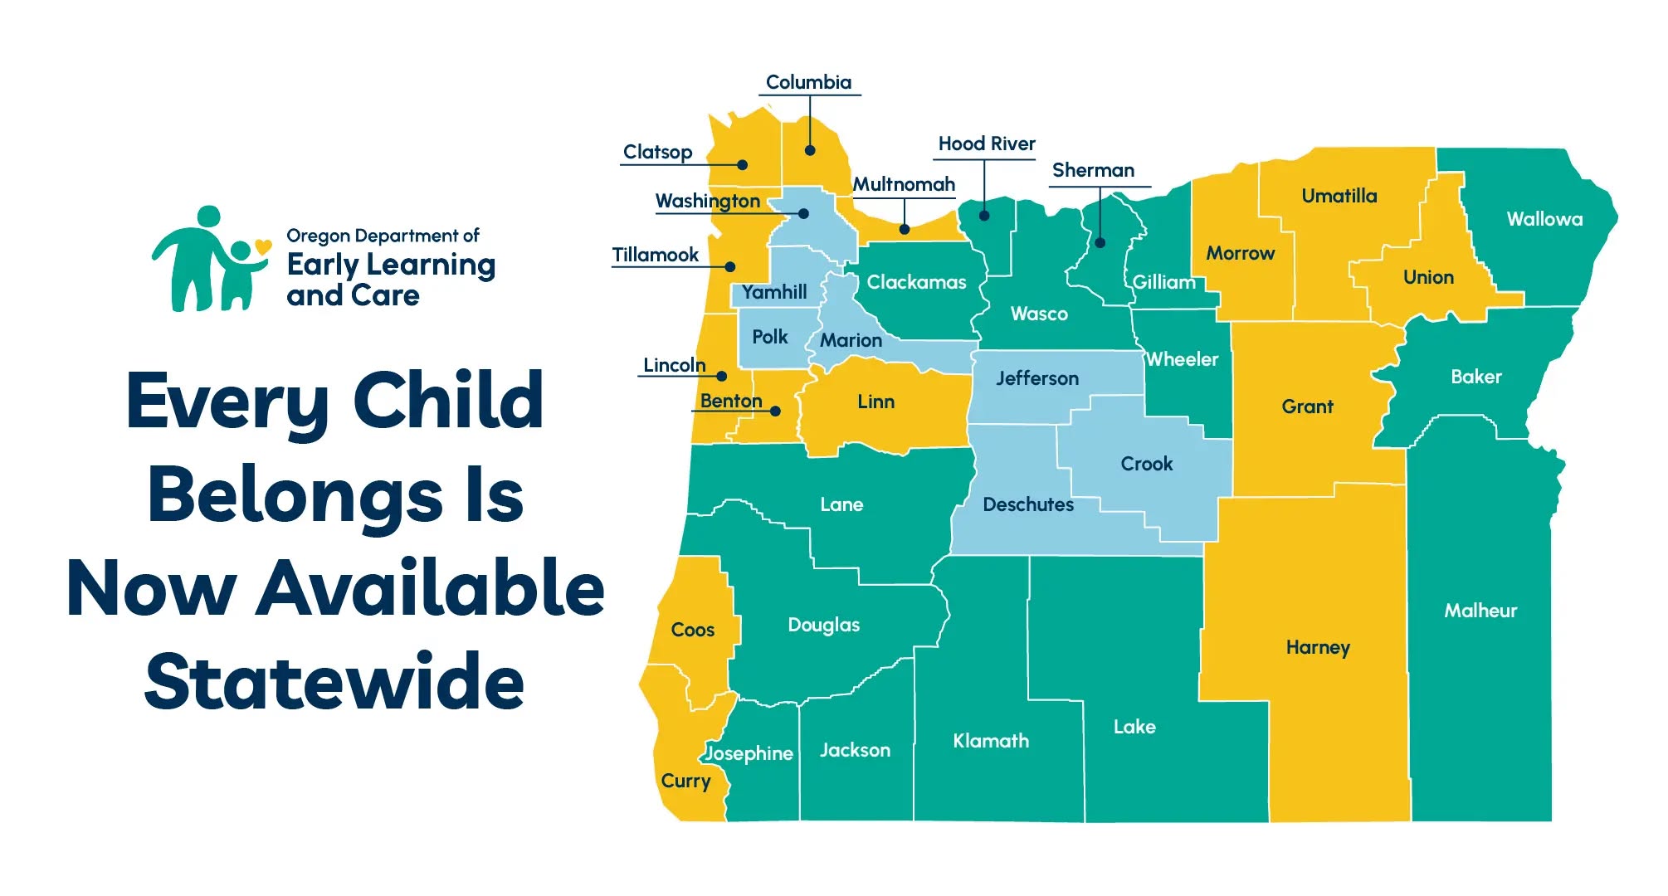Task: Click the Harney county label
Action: [1318, 648]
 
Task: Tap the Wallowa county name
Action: [1544, 219]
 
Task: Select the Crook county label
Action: [1147, 464]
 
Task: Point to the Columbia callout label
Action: [808, 82]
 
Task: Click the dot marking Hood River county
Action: [984, 216]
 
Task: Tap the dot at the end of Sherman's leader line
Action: [1100, 243]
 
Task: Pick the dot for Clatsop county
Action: [743, 165]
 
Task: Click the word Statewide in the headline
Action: [334, 681]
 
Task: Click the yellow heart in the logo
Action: [263, 246]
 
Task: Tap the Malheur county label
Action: [1480, 611]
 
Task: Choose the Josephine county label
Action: [749, 753]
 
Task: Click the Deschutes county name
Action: [1028, 504]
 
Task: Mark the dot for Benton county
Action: [775, 411]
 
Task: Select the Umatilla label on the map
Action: [1339, 196]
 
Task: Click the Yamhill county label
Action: [774, 292]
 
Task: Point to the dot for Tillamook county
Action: [730, 267]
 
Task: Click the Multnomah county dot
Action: [905, 229]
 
